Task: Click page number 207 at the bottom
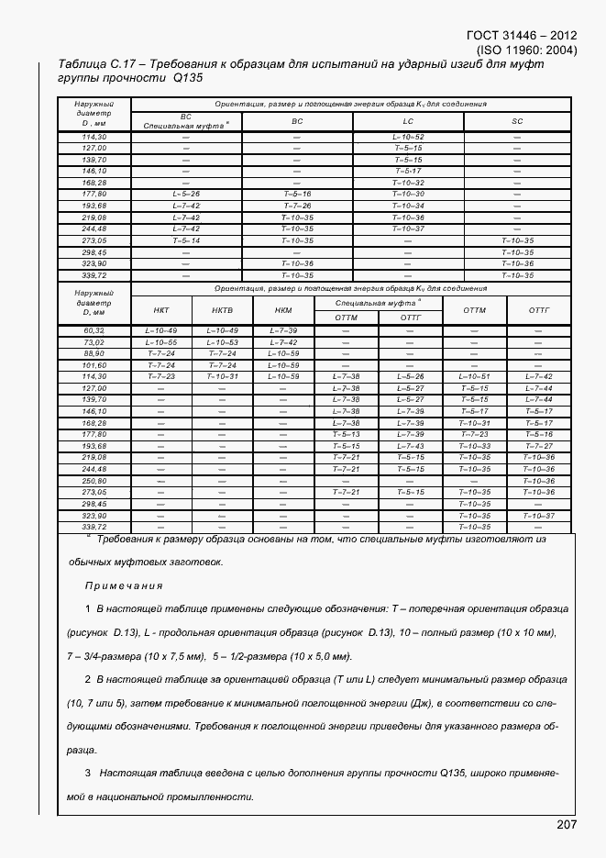(x=566, y=825)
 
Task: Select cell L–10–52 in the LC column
(x=407, y=137)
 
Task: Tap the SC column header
(x=517, y=121)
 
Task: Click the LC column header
(x=407, y=121)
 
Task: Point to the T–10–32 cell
(x=407, y=183)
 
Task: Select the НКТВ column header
(x=222, y=310)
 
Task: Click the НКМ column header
(x=281, y=310)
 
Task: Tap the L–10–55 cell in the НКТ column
(x=161, y=341)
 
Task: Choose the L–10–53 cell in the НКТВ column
(x=222, y=341)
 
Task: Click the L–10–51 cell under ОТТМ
(x=474, y=376)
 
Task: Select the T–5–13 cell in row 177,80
(x=346, y=434)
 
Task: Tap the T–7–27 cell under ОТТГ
(x=538, y=446)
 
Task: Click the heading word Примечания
(x=124, y=585)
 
